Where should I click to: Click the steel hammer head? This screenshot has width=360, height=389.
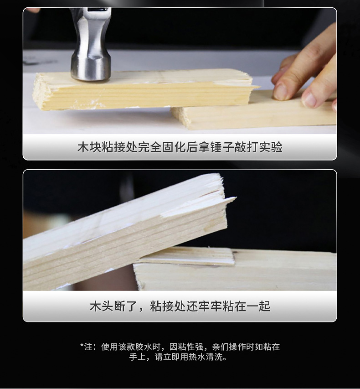(91, 55)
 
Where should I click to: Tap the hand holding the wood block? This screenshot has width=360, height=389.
(310, 73)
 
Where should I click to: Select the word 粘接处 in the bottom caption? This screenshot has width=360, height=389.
(167, 306)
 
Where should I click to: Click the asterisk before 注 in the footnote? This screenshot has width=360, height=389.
(82, 346)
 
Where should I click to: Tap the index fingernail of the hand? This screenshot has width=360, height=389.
(280, 91)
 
